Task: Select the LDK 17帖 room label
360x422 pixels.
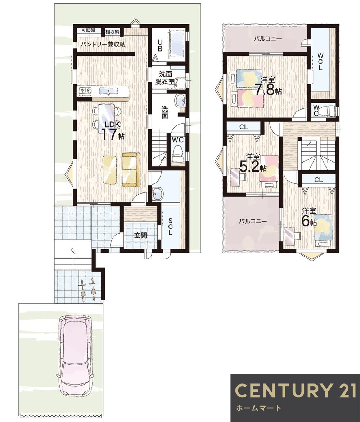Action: (113, 130)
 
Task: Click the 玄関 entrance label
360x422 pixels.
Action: (140, 235)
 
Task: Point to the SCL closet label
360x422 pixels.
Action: (170, 227)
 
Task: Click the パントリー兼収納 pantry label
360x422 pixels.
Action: (103, 44)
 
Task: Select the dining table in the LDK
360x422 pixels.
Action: (107, 118)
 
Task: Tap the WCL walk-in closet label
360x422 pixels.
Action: (320, 62)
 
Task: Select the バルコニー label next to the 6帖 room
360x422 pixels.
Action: (253, 222)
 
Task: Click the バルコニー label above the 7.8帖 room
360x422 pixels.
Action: (268, 39)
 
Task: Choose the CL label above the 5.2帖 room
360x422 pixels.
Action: (244, 127)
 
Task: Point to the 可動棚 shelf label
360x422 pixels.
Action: (88, 30)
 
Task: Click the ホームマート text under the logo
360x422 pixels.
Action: (258, 408)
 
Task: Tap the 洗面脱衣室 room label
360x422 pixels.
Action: (165, 78)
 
